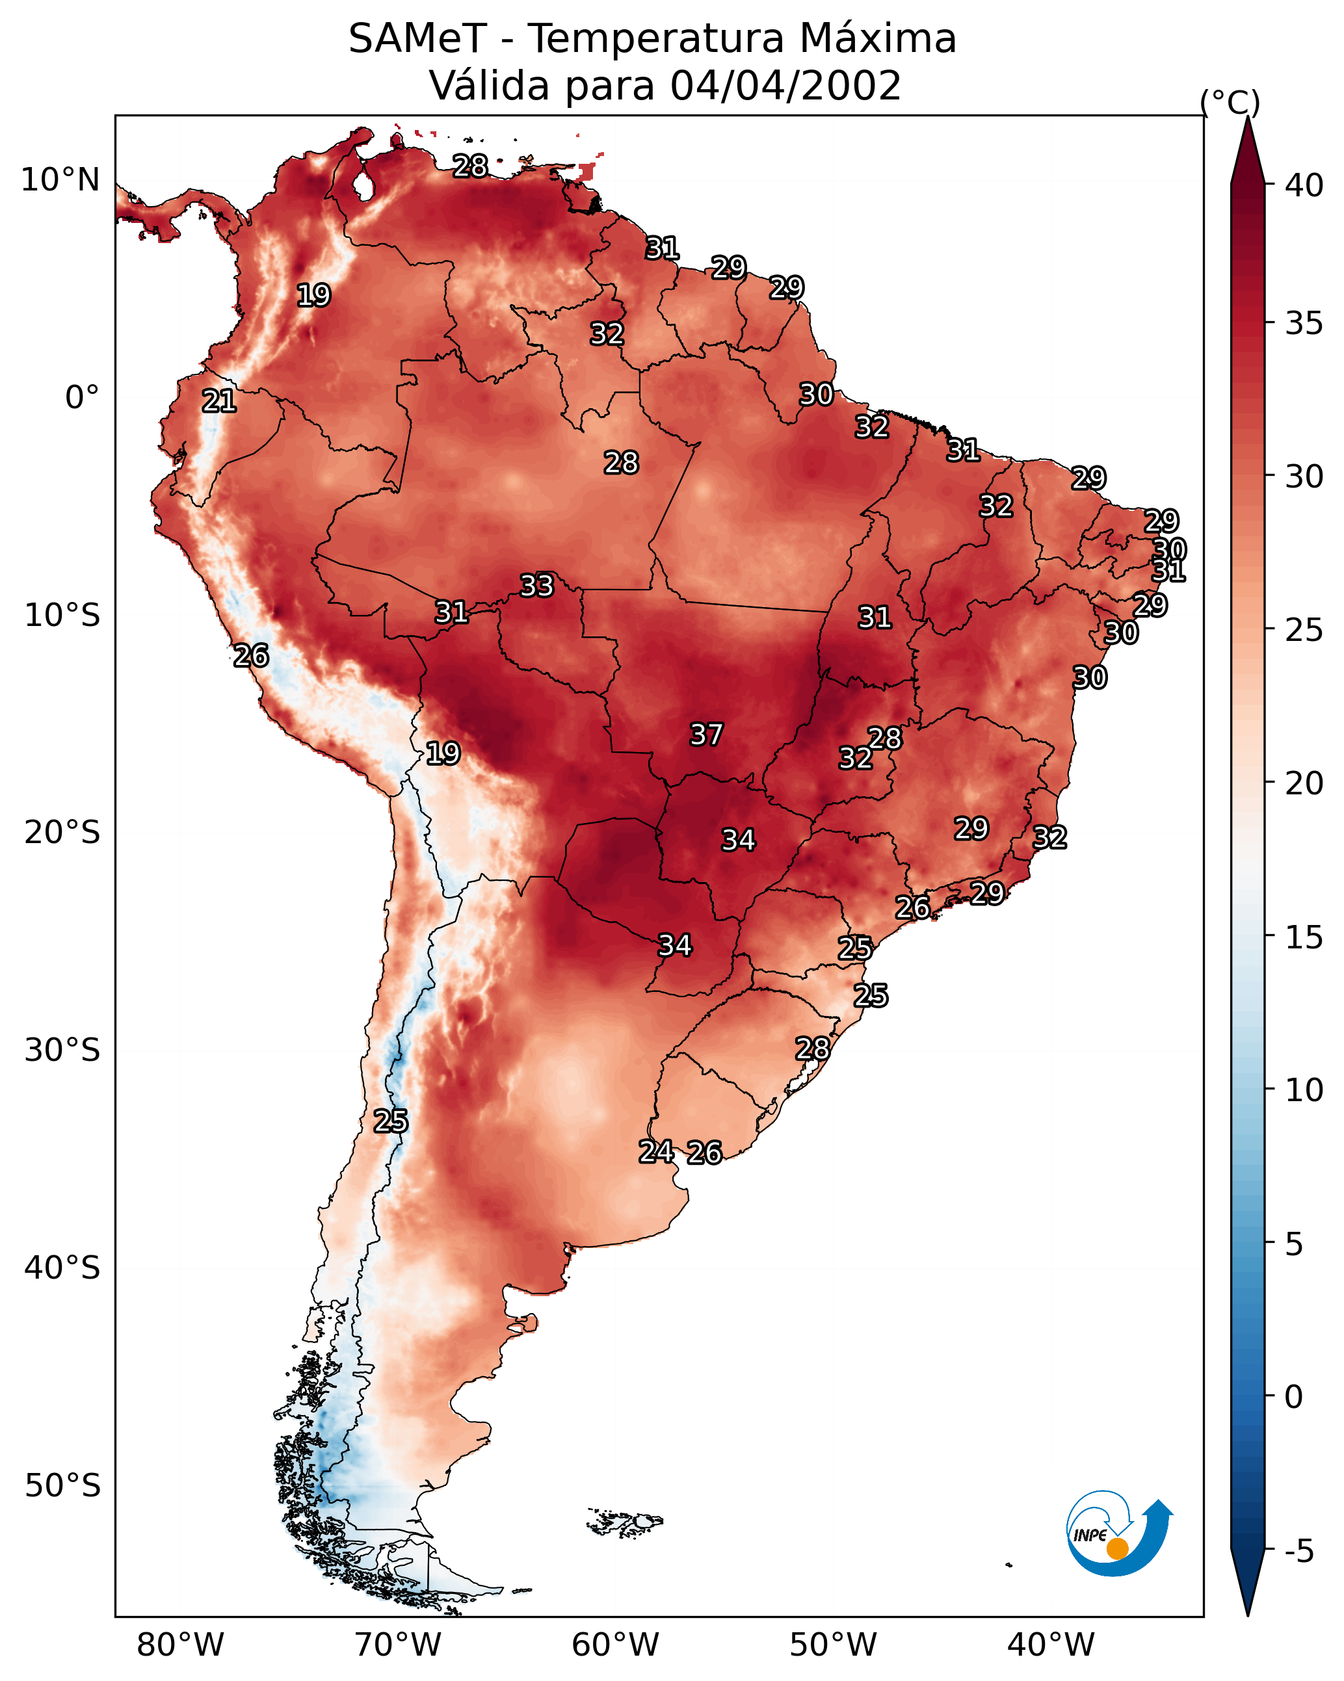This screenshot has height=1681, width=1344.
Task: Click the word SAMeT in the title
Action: [417, 39]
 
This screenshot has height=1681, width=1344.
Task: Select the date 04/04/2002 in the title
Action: [785, 86]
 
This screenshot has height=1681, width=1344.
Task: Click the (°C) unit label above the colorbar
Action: [1230, 102]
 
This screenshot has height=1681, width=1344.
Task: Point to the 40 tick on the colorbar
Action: [1304, 185]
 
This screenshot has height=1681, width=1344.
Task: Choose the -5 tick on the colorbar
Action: [1298, 1552]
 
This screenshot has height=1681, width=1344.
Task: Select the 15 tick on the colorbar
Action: [1304, 937]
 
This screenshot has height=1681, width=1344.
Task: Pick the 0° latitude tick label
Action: [83, 398]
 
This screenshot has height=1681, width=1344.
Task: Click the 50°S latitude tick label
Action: [62, 1486]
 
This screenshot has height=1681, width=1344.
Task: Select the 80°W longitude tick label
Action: [180, 1645]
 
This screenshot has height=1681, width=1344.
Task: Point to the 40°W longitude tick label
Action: [1051, 1645]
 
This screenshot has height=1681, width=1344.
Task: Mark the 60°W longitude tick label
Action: [616, 1645]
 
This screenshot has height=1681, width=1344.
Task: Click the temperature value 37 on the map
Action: [707, 735]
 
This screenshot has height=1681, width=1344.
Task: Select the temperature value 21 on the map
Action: [219, 402]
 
